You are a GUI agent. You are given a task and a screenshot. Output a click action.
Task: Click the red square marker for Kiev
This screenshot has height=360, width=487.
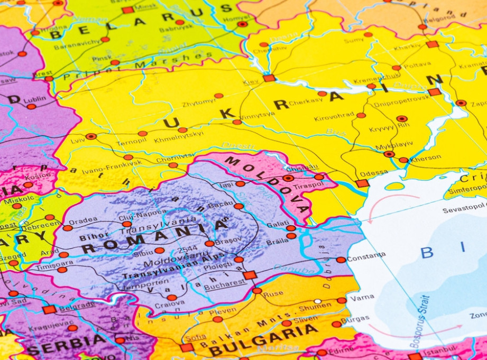pyautogui.click(x=269, y=78)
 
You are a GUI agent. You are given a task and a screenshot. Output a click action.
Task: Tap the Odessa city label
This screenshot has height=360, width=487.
pyautogui.click(x=374, y=173)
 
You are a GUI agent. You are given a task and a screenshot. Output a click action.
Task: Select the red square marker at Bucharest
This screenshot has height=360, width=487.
pyautogui.click(x=250, y=275)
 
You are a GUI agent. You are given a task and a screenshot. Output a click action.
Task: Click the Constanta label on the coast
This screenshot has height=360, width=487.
pyautogui.click(x=366, y=255)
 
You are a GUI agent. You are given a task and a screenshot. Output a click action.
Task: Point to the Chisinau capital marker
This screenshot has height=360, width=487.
pyautogui.click(x=288, y=178)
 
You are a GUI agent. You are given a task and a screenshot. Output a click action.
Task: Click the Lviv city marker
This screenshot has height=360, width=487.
pyautogui.click(x=91, y=136)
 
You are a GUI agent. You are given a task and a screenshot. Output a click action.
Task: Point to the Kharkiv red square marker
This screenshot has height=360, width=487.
pyautogui.click(x=433, y=44)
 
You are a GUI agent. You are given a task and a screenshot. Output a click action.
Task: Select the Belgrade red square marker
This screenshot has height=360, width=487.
pyautogui.click(x=50, y=309)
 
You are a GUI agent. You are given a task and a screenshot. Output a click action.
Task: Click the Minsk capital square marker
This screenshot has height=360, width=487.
pyautogui.click(x=127, y=10)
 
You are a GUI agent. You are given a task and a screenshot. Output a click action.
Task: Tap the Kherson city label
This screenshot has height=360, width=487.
pyautogui.click(x=425, y=158)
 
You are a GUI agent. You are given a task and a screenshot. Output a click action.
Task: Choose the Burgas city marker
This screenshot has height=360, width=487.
pyautogui.click(x=337, y=324)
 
